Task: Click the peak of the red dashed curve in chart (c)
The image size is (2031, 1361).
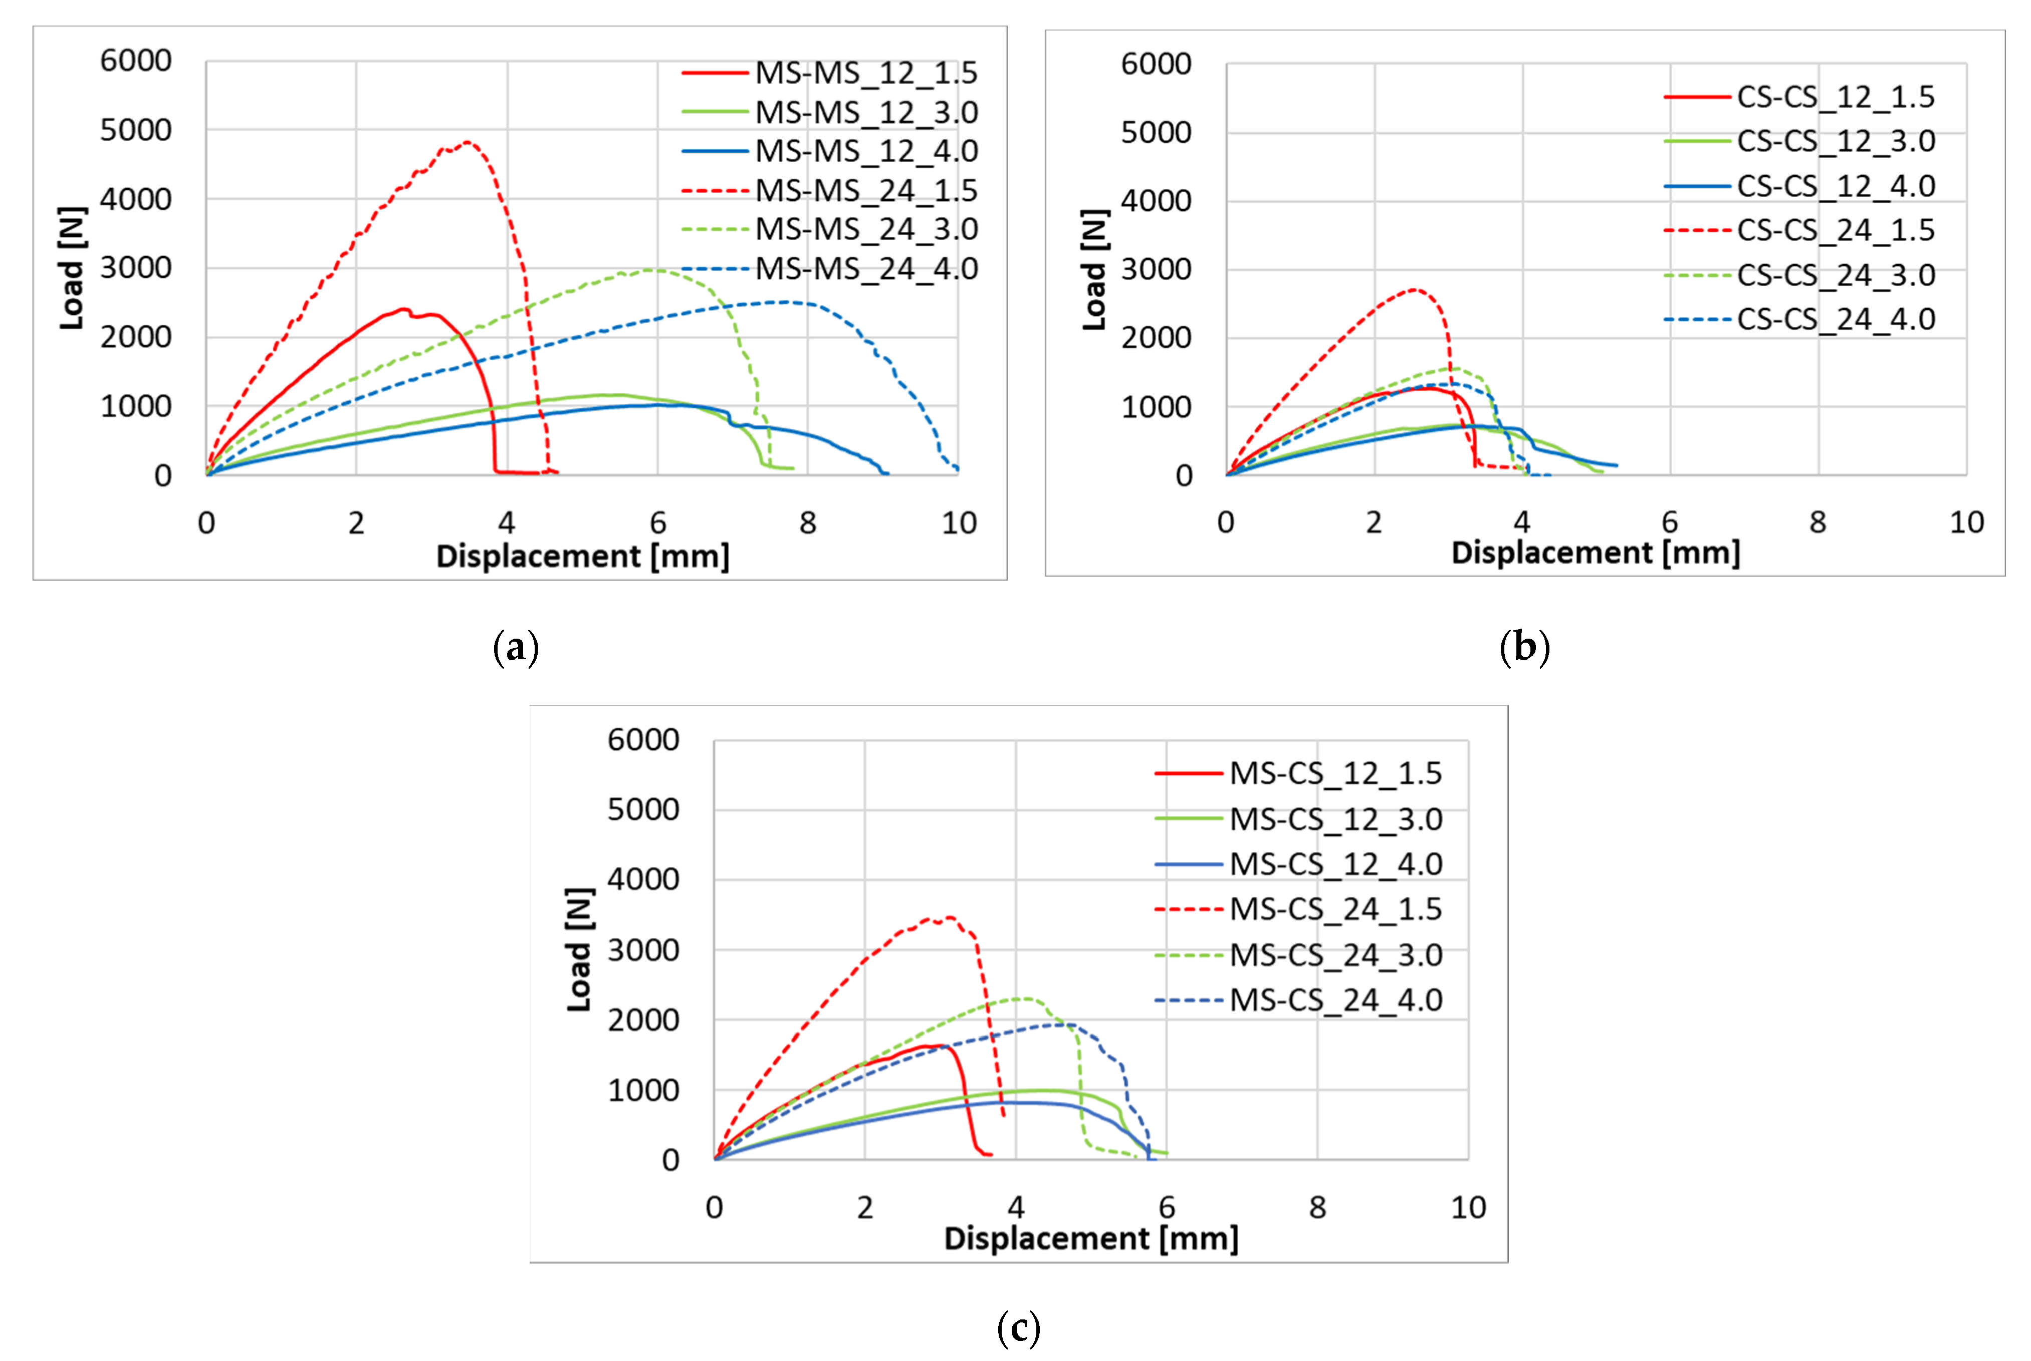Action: pos(950,918)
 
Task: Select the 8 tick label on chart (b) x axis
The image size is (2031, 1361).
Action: pos(1818,522)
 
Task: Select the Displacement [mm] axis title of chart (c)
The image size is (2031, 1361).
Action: pos(1090,1238)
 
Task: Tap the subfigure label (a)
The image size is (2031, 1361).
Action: pos(516,648)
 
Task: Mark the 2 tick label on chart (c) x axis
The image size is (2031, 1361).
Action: pos(865,1207)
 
